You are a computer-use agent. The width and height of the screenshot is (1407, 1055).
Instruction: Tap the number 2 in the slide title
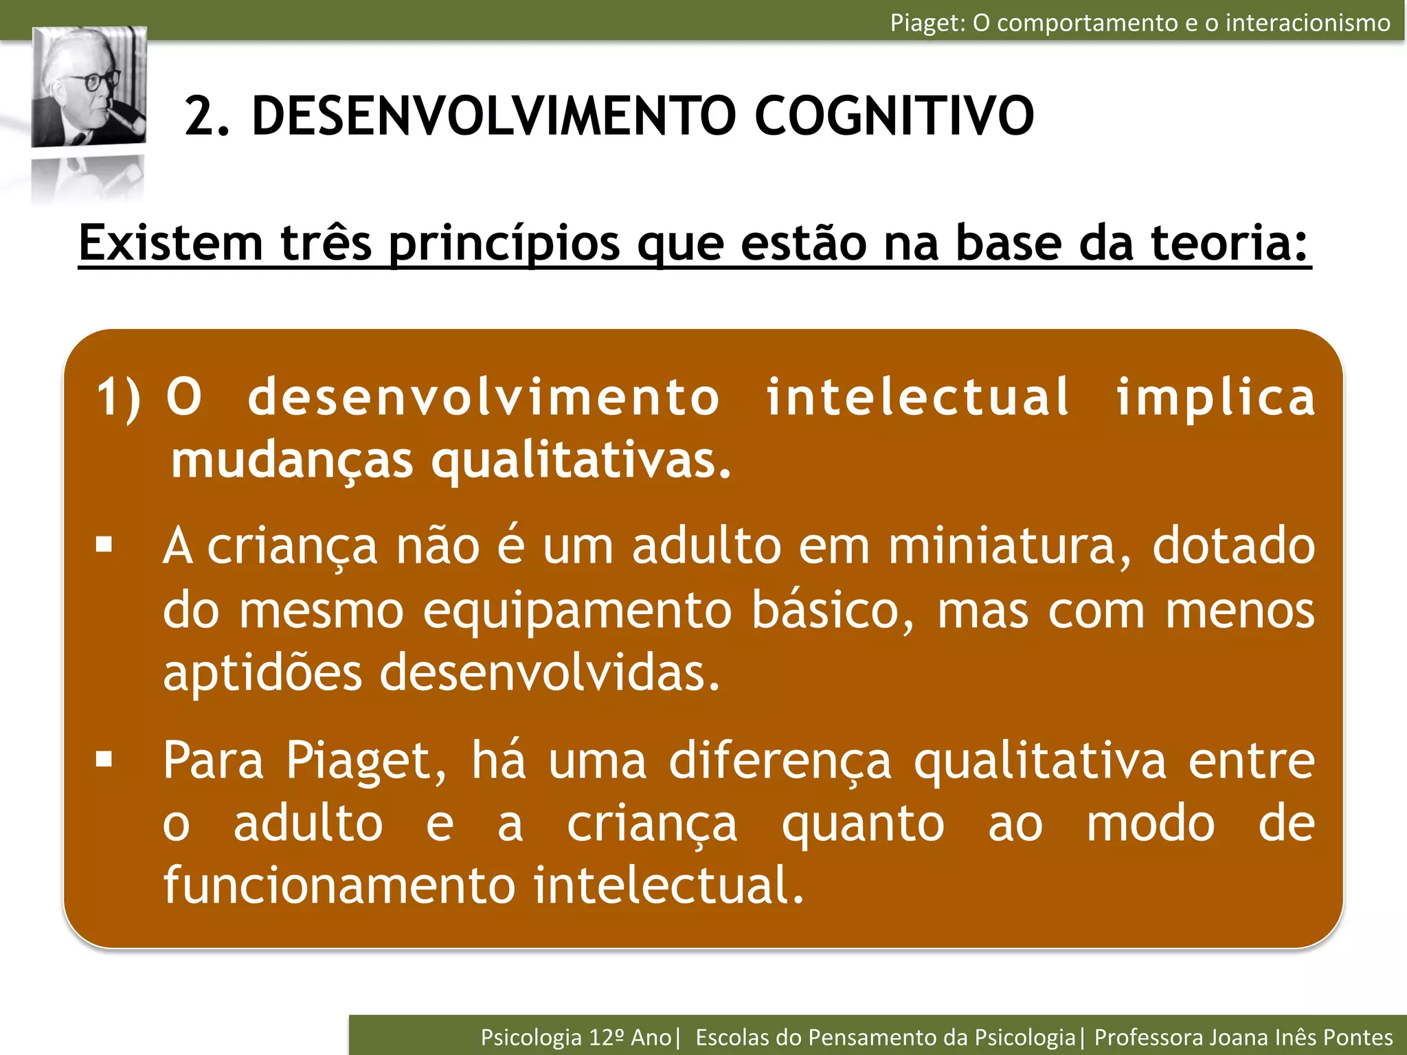pos(201,115)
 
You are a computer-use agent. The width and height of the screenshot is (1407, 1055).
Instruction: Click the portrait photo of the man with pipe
pos(89,87)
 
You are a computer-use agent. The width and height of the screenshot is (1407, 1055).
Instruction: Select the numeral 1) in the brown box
pos(118,397)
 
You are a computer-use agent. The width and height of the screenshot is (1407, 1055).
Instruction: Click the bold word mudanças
pos(292,460)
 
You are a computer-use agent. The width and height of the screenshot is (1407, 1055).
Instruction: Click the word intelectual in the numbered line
pos(918,397)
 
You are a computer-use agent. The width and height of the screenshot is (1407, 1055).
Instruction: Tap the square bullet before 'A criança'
pos(104,546)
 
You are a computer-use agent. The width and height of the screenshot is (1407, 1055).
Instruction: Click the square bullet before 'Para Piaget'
pos(104,760)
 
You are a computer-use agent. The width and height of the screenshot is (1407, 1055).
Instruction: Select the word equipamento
pos(577,610)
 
